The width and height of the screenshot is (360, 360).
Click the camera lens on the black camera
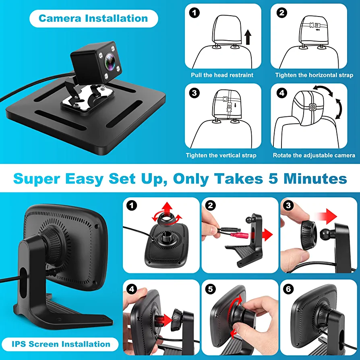tap(110, 61)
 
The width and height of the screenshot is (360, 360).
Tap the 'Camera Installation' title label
tap(93, 19)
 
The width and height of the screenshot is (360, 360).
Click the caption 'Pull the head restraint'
tap(222, 75)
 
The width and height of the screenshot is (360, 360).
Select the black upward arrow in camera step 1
tap(248, 37)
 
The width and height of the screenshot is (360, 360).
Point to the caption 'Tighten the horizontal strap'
tap(314, 75)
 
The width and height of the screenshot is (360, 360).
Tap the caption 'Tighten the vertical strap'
tap(221, 155)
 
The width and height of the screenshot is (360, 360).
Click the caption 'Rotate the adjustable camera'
tap(314, 155)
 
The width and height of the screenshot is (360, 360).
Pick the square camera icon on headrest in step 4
tap(312, 107)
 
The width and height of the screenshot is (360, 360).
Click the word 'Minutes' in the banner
tap(315, 179)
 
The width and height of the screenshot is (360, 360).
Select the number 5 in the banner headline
tap(273, 179)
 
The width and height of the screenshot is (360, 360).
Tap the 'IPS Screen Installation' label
tap(61, 344)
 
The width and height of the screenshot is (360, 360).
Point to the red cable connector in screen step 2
tap(240, 235)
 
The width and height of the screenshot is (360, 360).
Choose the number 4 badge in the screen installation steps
tap(132, 289)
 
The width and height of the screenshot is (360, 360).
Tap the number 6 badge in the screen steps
tap(288, 289)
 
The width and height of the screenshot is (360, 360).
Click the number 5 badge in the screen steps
tap(210, 289)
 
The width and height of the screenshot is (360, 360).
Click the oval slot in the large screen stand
tap(23, 282)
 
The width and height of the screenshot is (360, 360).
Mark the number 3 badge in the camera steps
tap(194, 93)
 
